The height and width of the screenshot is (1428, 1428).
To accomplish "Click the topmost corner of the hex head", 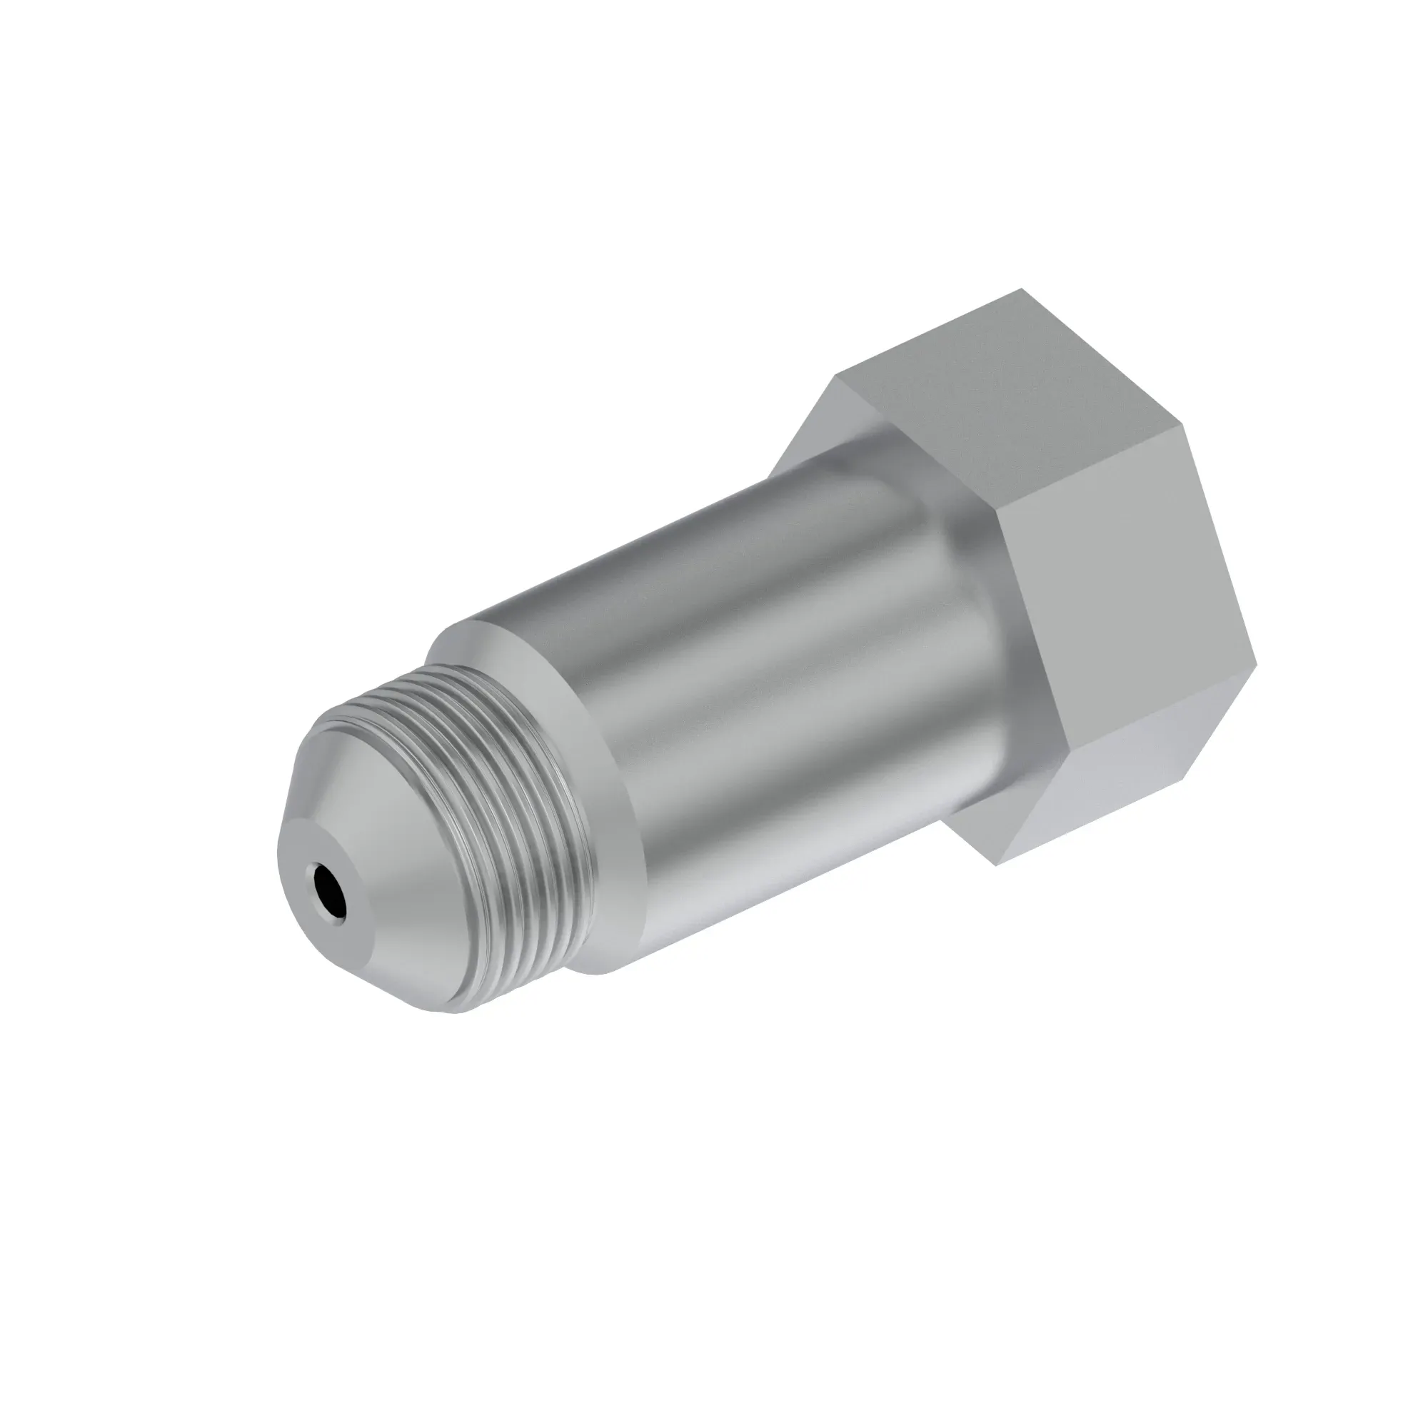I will pyautogui.click(x=1022, y=289).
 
